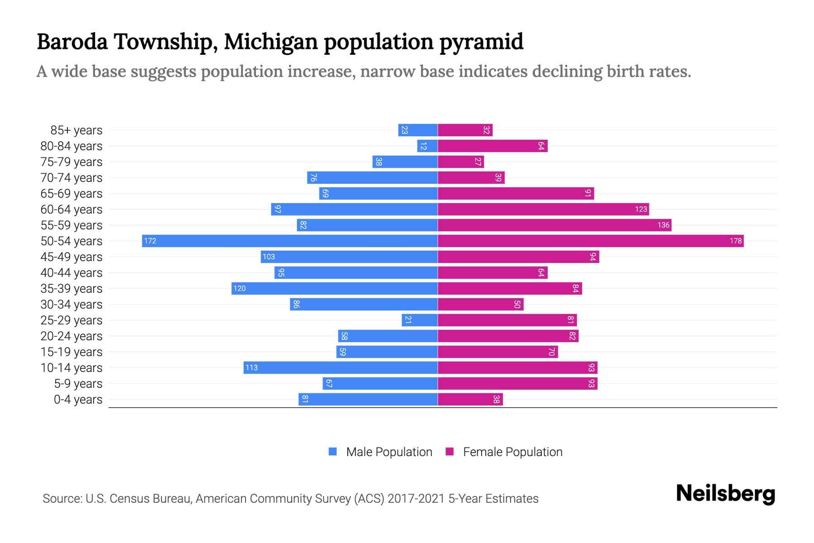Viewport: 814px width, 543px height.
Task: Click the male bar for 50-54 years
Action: (x=289, y=241)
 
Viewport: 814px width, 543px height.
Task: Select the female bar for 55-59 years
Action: (x=554, y=225)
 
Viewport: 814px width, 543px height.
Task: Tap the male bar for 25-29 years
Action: (x=419, y=320)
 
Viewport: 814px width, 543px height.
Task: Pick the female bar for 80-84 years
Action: (x=492, y=146)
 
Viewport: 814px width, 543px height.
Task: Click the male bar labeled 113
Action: (x=340, y=367)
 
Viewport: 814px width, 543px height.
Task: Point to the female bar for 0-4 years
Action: (x=470, y=399)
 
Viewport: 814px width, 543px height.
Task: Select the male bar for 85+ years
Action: (x=417, y=130)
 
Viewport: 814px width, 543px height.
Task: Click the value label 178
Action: (x=735, y=241)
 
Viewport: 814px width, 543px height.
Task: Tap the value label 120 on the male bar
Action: (x=240, y=288)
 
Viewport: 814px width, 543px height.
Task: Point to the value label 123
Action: (x=641, y=209)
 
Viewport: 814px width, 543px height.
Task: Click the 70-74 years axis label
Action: (x=71, y=178)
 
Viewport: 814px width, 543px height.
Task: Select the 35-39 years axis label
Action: (x=71, y=289)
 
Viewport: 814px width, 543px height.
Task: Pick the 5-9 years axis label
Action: (x=78, y=384)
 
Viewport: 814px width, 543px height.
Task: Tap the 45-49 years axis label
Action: (x=71, y=257)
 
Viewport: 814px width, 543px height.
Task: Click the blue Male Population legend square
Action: (x=333, y=452)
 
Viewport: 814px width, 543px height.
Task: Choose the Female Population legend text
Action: (x=512, y=452)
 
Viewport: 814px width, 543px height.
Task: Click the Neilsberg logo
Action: (x=725, y=494)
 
